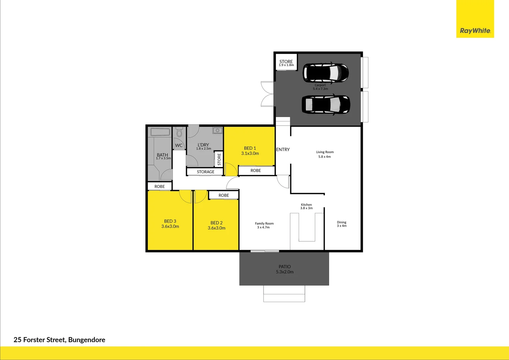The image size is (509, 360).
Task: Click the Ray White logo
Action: pyautogui.click(x=475, y=31)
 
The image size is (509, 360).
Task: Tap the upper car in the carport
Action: pyautogui.click(x=325, y=72)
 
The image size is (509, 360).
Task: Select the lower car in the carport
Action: pyautogui.click(x=326, y=104)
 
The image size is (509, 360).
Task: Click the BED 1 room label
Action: pyautogui.click(x=250, y=151)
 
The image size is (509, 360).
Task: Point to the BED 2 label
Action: pyautogui.click(x=217, y=225)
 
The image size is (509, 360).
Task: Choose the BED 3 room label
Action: pyautogui.click(x=170, y=224)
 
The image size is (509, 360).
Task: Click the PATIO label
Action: pyautogui.click(x=284, y=269)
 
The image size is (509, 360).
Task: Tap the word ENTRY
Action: pyautogui.click(x=283, y=150)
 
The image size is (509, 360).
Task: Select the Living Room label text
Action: pyautogui.click(x=325, y=154)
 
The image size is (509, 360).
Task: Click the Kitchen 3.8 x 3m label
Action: pyautogui.click(x=306, y=206)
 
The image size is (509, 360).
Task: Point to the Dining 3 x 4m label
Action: pyautogui.click(x=341, y=224)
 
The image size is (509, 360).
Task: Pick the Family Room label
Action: pyautogui.click(x=264, y=225)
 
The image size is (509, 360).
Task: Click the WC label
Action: pyautogui.click(x=179, y=145)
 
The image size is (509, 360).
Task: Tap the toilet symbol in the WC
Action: pyautogui.click(x=179, y=133)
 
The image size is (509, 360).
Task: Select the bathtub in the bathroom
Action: pyautogui.click(x=161, y=132)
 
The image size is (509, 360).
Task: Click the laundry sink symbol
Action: pyautogui.click(x=217, y=130)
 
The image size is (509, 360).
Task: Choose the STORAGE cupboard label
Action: pyautogui.click(x=206, y=172)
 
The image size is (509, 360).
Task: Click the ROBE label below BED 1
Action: pyautogui.click(x=255, y=171)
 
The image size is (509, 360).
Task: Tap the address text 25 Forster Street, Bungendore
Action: pyautogui.click(x=59, y=340)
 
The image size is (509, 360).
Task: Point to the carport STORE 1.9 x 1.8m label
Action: pyautogui.click(x=286, y=63)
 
